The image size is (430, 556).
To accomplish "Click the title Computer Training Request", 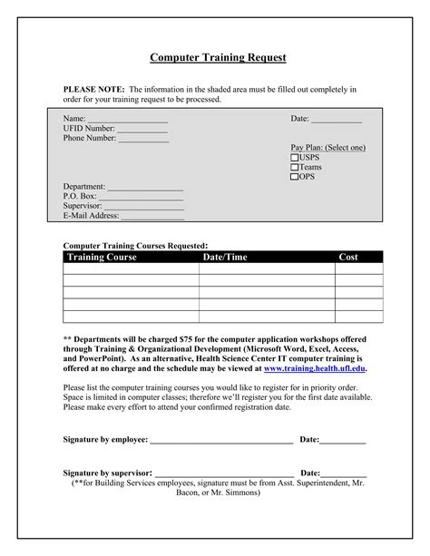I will [x=218, y=57].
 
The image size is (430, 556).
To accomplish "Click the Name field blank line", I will [x=127, y=120].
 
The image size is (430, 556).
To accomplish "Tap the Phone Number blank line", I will [x=143, y=139].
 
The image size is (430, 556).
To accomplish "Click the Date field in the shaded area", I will [x=337, y=120].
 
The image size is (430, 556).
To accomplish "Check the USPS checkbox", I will [x=295, y=157].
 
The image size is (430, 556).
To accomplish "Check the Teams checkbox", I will [x=295, y=167].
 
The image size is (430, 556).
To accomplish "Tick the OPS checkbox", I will [x=295, y=177].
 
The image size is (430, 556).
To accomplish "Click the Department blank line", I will [x=145, y=187].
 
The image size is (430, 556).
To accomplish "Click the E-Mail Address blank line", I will [x=152, y=217].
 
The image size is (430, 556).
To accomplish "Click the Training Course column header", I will [x=102, y=258].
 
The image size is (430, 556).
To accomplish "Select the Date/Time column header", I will [x=224, y=258].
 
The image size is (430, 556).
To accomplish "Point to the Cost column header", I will [x=348, y=258].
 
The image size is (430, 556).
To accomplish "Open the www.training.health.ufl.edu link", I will [x=314, y=369].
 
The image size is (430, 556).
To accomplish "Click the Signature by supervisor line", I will [x=224, y=473].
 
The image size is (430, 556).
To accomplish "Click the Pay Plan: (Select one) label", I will [x=327, y=147].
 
